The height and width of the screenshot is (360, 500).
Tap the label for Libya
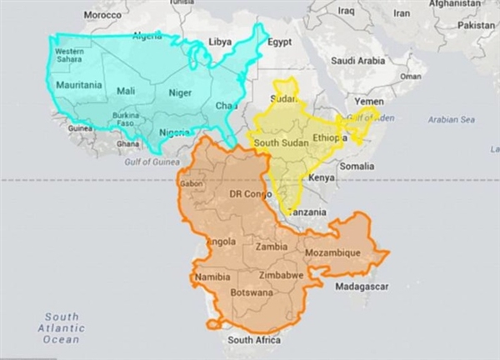click(220, 41)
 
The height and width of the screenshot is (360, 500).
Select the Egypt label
click(279, 42)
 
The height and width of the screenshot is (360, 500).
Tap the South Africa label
click(254, 340)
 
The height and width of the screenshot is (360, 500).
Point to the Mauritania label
click(78, 85)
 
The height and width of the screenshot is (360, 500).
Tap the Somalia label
click(357, 167)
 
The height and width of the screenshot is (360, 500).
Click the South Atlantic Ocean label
click(62, 327)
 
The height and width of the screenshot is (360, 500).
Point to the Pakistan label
click(477, 25)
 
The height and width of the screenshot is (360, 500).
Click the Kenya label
click(321, 177)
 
